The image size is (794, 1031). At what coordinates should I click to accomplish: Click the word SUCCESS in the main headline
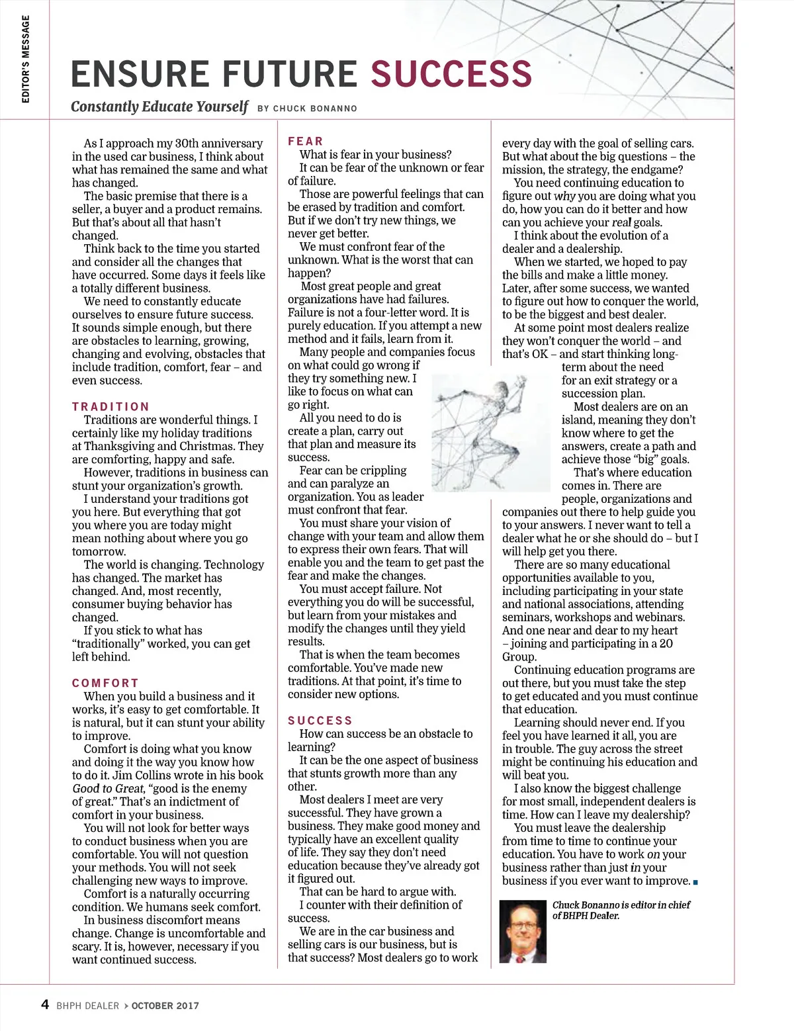(451, 73)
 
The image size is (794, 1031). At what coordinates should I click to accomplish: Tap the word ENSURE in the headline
(138, 73)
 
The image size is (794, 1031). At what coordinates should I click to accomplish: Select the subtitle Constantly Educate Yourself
(159, 107)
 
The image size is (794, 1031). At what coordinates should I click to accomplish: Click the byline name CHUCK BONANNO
(315, 109)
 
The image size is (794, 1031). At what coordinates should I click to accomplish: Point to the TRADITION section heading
(110, 407)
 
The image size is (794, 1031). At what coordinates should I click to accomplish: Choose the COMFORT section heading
(105, 683)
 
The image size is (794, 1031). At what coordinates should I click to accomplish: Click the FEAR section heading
(306, 142)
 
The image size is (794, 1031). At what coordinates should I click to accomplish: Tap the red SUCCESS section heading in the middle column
(320, 721)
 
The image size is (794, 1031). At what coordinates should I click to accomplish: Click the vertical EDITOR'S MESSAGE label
(26, 60)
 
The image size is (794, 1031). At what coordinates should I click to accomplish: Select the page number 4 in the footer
(45, 1005)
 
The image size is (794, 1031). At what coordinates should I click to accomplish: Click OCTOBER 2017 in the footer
(165, 1006)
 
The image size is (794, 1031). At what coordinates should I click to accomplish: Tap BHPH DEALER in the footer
(87, 1006)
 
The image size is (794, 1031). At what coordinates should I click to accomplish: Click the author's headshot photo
(523, 932)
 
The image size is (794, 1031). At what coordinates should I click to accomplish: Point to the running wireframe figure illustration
(491, 431)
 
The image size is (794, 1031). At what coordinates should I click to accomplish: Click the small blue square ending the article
(696, 882)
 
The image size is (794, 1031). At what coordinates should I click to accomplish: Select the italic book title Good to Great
(108, 789)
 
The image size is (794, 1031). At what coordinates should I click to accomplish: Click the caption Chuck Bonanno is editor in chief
(621, 905)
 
